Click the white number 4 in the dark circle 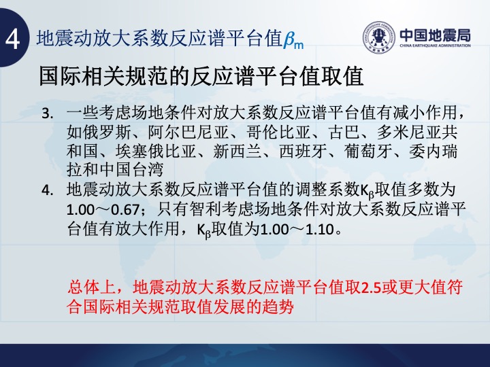pos(12,39)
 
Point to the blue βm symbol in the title pos(293,41)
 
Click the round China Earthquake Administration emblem pos(379,37)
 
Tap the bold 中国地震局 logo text pos(435,35)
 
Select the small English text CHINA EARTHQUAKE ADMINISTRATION pos(435,46)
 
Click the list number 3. pos(48,113)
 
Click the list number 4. pos(48,190)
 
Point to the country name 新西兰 pos(238,152)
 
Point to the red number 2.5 pos(372,287)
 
